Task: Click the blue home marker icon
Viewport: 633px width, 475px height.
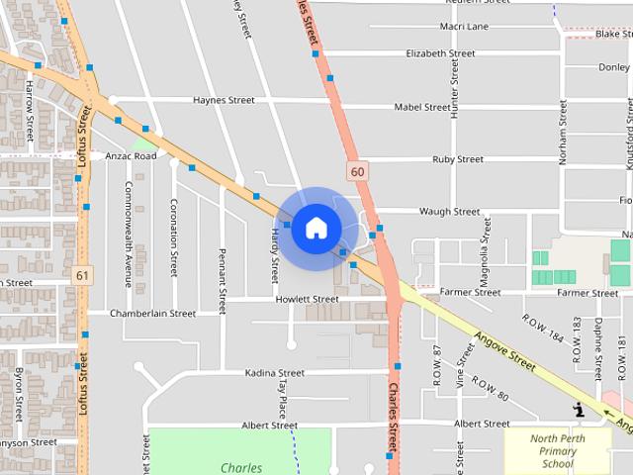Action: [316, 228]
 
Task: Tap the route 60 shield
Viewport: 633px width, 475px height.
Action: [357, 171]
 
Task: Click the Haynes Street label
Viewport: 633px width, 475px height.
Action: [224, 100]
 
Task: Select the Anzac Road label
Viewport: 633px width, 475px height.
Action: [131, 156]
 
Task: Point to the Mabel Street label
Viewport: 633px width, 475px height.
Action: [421, 107]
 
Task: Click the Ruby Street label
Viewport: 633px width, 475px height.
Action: [457, 159]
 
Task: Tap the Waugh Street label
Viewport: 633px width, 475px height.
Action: [449, 212]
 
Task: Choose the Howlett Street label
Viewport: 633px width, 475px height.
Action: [307, 299]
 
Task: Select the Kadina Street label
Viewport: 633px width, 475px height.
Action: [275, 373]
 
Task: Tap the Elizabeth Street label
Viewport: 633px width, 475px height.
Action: [440, 53]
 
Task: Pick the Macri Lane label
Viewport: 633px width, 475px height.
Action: [465, 27]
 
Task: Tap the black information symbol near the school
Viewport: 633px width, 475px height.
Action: [579, 409]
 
